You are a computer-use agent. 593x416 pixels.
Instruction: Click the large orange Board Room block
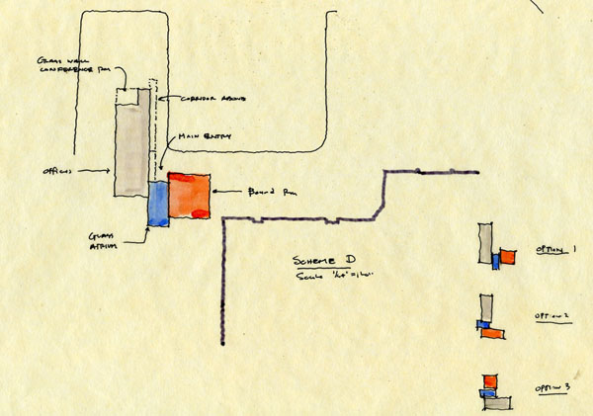[190, 195]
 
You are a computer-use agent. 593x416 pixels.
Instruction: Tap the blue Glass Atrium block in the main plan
[158, 203]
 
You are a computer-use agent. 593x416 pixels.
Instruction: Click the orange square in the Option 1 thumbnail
[508, 257]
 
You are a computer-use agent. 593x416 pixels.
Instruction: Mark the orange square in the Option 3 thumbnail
[489, 381]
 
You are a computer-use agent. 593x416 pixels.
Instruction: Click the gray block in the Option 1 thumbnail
[484, 243]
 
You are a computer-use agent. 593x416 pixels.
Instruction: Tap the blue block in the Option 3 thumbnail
[486, 393]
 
